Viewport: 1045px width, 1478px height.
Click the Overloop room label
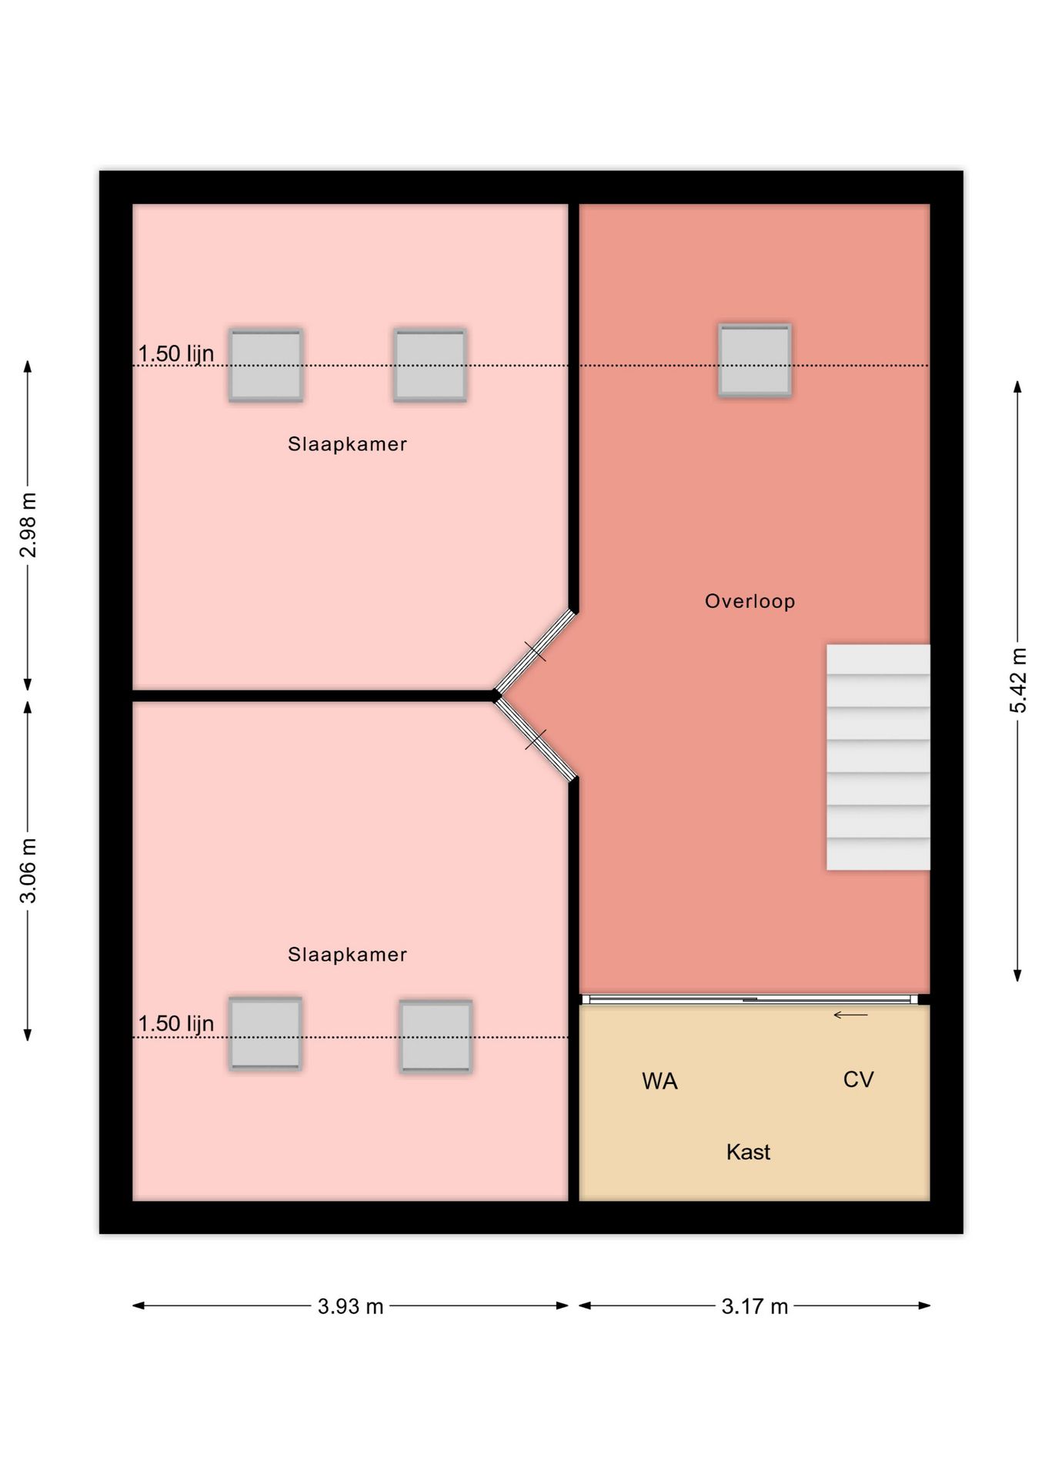(x=750, y=601)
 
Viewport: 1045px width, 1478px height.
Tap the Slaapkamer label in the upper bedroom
(x=347, y=444)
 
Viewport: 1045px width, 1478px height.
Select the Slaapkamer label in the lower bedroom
(x=347, y=955)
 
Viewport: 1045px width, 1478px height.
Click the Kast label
(x=748, y=1152)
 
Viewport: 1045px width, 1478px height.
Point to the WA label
(x=659, y=1081)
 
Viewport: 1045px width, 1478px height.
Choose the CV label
(x=858, y=1079)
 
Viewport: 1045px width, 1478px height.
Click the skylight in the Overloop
(x=755, y=360)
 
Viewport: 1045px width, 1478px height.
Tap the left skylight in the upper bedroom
(x=265, y=365)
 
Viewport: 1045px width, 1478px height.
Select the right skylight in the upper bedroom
(x=430, y=365)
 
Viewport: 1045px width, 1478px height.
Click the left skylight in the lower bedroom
(x=265, y=1033)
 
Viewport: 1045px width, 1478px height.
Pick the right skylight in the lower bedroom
(x=436, y=1036)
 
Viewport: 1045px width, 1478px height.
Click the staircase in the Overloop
(x=878, y=757)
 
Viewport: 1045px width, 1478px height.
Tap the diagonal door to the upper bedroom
(x=536, y=651)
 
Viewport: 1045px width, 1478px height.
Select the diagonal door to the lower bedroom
(x=536, y=739)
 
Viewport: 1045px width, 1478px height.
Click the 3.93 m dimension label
(x=350, y=1306)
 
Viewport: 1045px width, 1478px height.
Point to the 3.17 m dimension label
(x=755, y=1306)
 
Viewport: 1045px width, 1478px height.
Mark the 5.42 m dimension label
(x=1018, y=680)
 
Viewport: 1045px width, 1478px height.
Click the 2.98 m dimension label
(x=28, y=525)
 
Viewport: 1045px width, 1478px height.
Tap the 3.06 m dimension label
(x=28, y=871)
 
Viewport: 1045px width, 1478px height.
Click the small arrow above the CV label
(x=850, y=1015)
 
